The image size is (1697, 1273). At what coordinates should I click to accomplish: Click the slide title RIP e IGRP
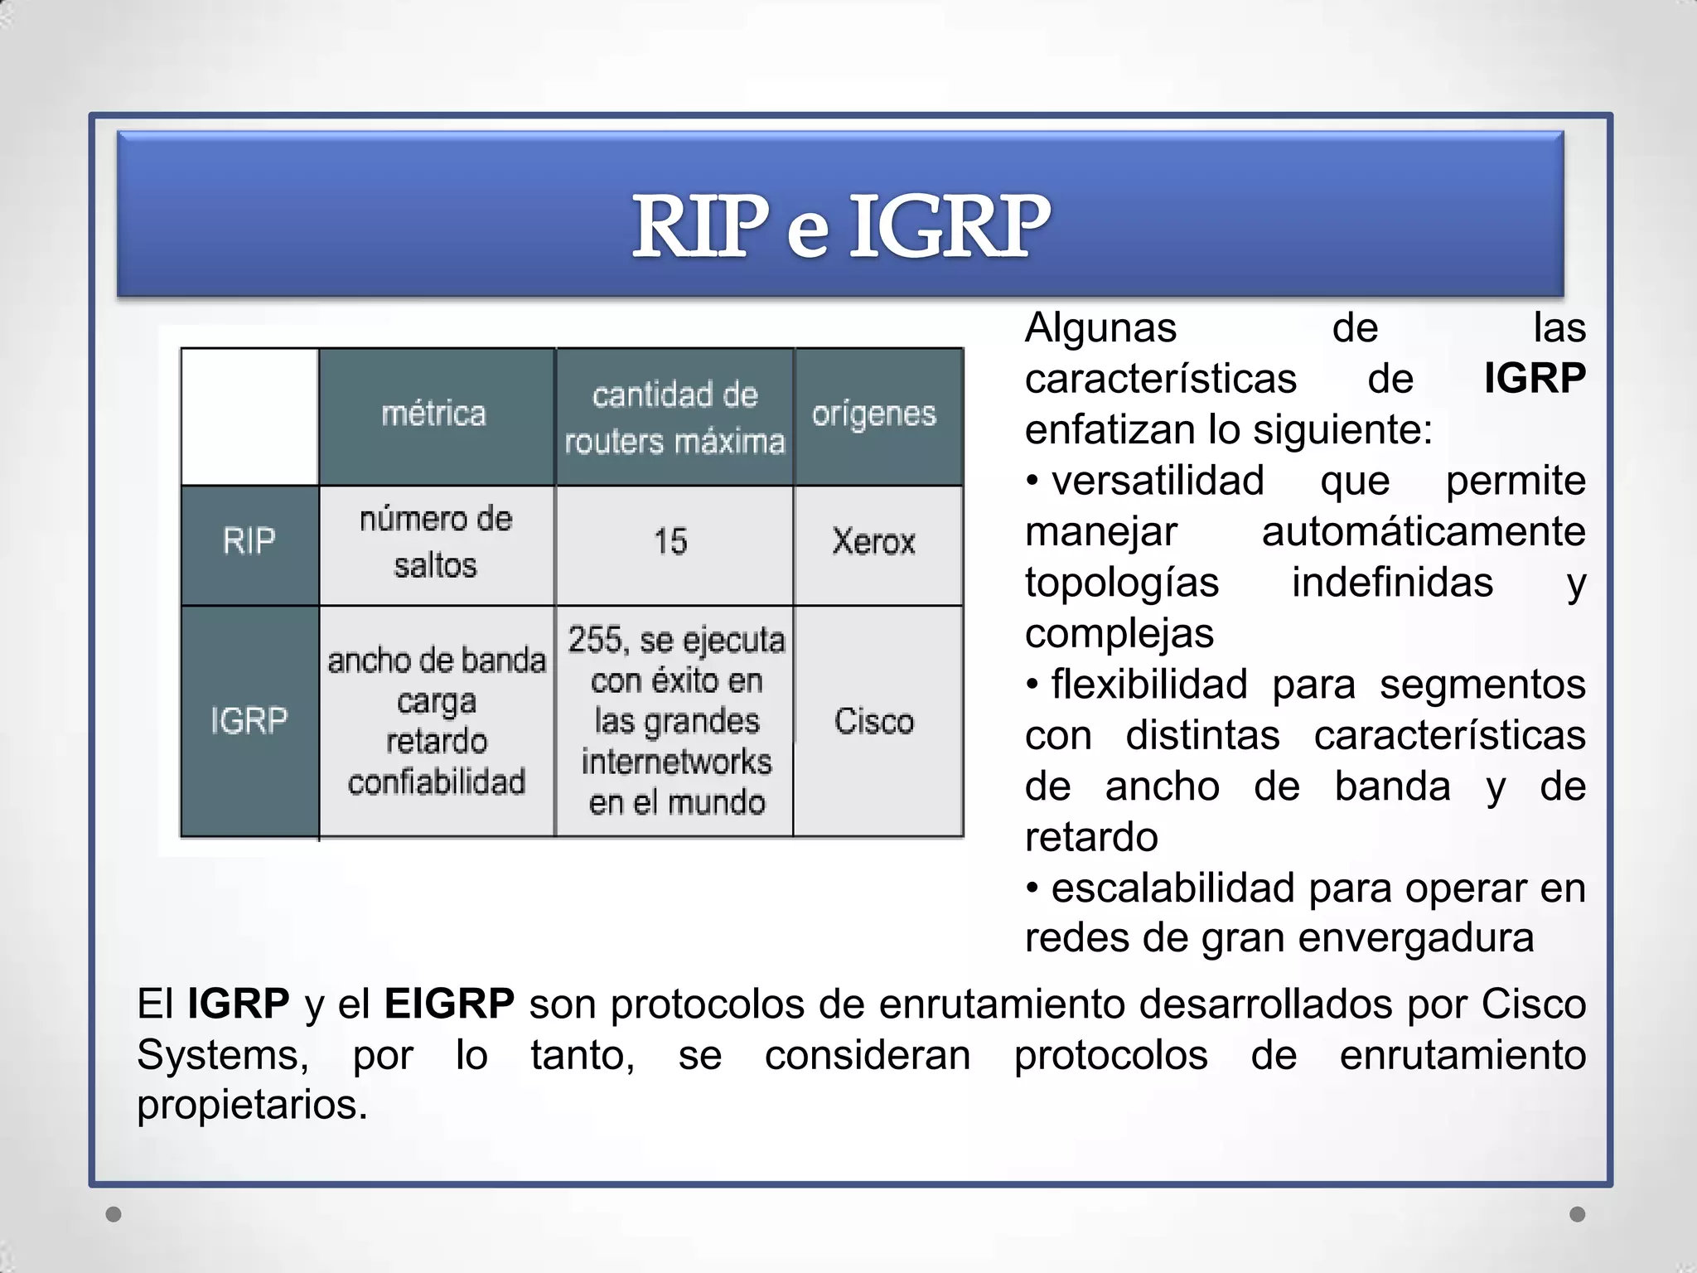point(840,225)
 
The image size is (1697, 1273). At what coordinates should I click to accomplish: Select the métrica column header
point(434,414)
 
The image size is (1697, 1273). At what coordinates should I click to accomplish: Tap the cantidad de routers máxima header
point(674,418)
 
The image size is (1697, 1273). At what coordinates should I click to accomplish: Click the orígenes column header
point(874,414)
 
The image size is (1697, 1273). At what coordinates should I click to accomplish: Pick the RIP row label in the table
point(249,542)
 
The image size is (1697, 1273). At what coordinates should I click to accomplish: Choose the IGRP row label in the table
point(249,721)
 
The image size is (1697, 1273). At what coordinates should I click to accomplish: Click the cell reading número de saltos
point(436,542)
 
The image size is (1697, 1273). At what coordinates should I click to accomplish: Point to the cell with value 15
point(671,542)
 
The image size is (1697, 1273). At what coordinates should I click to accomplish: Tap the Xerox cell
point(874,542)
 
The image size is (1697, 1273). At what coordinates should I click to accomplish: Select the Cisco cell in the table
point(874,721)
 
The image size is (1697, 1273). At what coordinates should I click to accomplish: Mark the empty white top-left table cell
point(249,416)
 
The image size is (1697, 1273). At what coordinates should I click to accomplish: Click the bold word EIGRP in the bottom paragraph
point(449,1004)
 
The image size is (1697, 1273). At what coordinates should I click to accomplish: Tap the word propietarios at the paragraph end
point(251,1105)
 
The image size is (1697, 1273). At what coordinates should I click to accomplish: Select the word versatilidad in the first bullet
point(1158,482)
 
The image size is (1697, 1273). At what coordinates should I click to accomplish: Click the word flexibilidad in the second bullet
point(1148,685)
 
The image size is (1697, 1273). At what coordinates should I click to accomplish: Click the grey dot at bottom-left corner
point(114,1214)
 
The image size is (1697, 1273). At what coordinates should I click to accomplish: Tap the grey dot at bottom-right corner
point(1578,1214)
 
